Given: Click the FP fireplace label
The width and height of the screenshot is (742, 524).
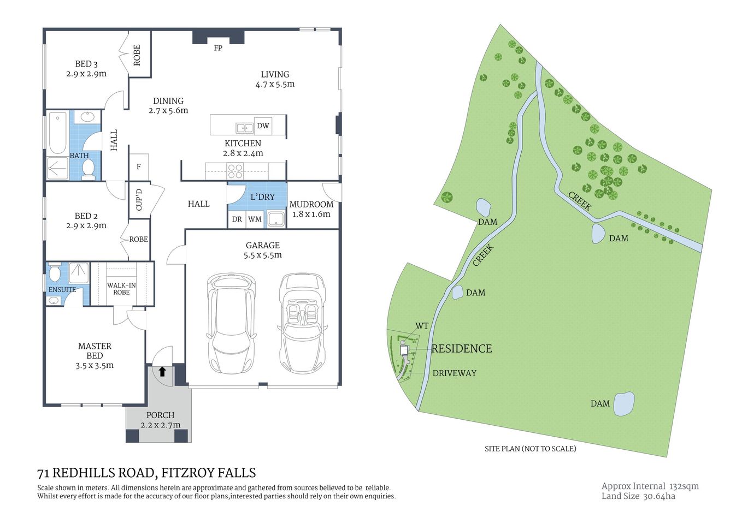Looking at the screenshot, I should click(x=218, y=48).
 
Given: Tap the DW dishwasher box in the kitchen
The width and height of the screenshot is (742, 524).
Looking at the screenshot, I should click(x=263, y=126).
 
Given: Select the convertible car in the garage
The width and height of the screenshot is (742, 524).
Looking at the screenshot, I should click(x=302, y=323).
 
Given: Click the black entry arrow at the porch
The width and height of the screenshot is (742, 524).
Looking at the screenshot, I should click(x=162, y=372).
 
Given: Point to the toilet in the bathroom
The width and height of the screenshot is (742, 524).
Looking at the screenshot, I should click(x=89, y=169).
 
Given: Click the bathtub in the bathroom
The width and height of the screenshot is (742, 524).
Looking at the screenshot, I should click(x=57, y=133).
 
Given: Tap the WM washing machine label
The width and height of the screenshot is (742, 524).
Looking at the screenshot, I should click(x=255, y=219).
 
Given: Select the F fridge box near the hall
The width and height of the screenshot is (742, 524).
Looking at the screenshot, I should click(x=139, y=167).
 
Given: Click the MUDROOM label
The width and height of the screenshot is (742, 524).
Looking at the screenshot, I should click(x=311, y=204).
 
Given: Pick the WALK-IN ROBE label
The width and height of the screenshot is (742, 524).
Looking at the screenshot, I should click(x=121, y=289).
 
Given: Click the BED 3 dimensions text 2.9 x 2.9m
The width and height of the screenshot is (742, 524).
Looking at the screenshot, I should click(x=86, y=74).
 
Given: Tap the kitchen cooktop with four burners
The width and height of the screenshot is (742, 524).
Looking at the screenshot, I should click(x=235, y=171).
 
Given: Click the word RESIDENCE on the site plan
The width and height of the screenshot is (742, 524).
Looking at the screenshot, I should click(x=462, y=349).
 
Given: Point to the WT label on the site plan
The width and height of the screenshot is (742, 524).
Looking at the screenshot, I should click(x=422, y=326).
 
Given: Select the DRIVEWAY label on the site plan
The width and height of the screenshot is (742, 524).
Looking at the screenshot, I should click(x=454, y=373).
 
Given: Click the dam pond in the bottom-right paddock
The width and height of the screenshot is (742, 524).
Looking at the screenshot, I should click(x=624, y=404).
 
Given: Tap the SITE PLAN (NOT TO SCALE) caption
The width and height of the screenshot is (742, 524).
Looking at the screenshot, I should click(x=530, y=449).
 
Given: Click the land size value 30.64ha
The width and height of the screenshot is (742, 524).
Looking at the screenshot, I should click(x=659, y=496).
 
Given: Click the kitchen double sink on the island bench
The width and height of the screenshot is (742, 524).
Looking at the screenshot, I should click(x=244, y=128).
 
